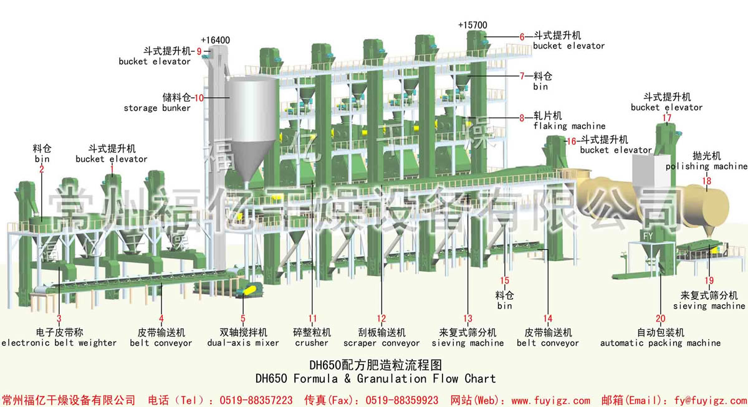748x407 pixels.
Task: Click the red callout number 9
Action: (x=199, y=51)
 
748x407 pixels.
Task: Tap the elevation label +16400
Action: (x=216, y=40)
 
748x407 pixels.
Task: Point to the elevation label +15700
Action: (x=472, y=25)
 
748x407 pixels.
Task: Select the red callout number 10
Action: (x=199, y=98)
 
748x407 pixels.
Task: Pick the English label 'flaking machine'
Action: (x=569, y=126)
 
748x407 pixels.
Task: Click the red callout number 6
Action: (x=522, y=37)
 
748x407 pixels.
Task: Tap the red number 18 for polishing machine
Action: (x=707, y=181)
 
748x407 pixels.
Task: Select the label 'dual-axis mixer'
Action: (x=243, y=343)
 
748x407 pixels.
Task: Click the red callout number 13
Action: (x=468, y=318)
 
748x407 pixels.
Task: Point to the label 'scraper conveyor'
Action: (x=381, y=343)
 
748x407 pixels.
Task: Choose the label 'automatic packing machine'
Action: (x=661, y=343)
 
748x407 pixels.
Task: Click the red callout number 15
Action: (x=504, y=280)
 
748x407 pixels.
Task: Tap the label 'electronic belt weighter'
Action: (x=59, y=343)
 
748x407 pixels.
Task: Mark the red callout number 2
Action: (x=41, y=169)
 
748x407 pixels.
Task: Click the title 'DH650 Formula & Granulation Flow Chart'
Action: (x=376, y=378)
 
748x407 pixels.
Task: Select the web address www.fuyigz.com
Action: (x=550, y=400)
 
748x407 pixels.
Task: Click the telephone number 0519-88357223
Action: (x=256, y=400)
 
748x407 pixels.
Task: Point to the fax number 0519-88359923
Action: (x=401, y=400)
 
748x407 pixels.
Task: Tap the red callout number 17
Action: (x=667, y=118)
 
